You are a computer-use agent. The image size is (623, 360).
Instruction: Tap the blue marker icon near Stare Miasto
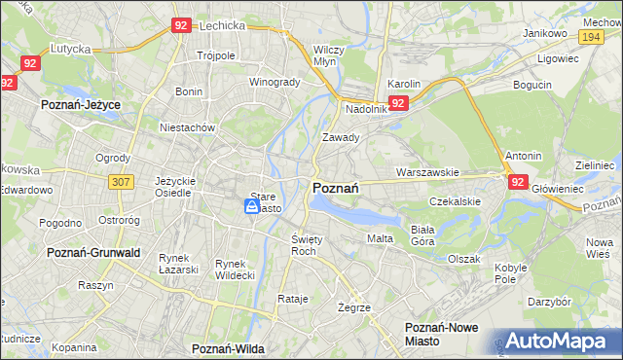click(252, 206)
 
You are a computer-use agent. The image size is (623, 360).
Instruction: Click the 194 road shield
click(590, 36)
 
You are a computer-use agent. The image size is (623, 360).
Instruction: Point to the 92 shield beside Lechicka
click(180, 27)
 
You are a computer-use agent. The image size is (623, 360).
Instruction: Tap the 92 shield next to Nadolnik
click(398, 103)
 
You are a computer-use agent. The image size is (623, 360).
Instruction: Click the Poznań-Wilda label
click(230, 347)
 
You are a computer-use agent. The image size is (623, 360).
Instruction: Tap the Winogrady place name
click(275, 82)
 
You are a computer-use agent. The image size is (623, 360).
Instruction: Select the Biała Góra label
click(421, 234)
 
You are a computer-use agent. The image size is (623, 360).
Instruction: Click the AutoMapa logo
click(558, 341)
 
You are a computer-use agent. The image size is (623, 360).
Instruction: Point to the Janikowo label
click(545, 32)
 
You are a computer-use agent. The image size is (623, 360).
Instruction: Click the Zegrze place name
click(353, 306)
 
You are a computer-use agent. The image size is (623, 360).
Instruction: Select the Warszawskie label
click(427, 172)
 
